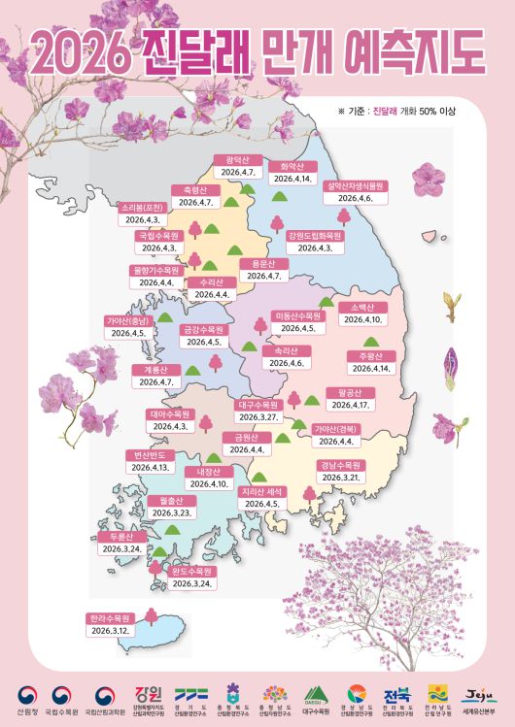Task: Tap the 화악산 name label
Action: pyautogui.click(x=292, y=166)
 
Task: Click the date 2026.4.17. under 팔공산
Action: pyautogui.click(x=347, y=405)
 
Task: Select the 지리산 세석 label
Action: pyautogui.click(x=260, y=492)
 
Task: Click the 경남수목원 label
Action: pyautogui.click(x=340, y=465)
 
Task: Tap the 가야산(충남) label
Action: pyautogui.click(x=127, y=320)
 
